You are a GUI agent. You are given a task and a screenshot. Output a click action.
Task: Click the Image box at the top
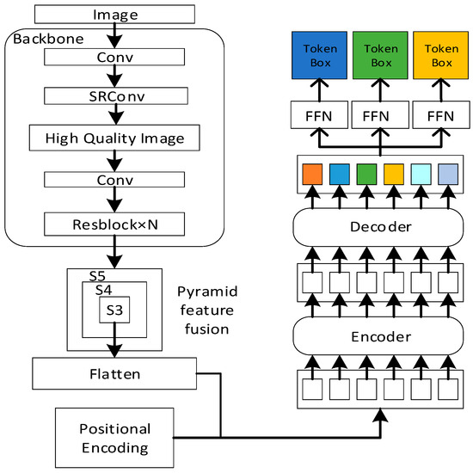click(x=114, y=14)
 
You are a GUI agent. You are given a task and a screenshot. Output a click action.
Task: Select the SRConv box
click(x=114, y=95)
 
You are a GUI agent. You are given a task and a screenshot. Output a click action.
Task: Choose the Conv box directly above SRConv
click(x=114, y=58)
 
